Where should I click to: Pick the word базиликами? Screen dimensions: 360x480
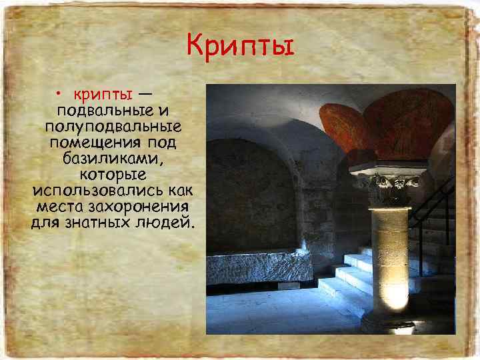click(x=112, y=158)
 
